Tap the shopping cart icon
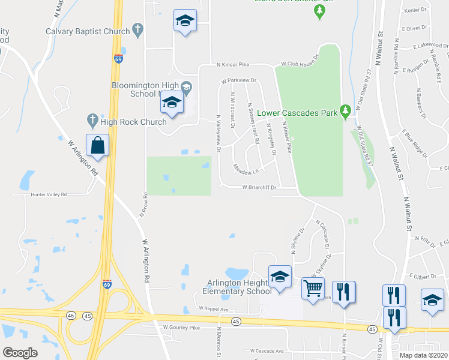(x=313, y=289)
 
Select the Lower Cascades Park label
(x=297, y=112)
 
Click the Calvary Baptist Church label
(x=88, y=31)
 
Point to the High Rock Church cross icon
(x=92, y=121)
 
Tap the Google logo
(x=20, y=352)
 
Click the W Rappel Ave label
(x=214, y=309)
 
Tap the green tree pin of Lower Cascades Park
(x=345, y=111)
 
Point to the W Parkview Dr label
(x=238, y=80)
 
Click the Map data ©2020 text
(x=423, y=355)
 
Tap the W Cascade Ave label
(x=267, y=350)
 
